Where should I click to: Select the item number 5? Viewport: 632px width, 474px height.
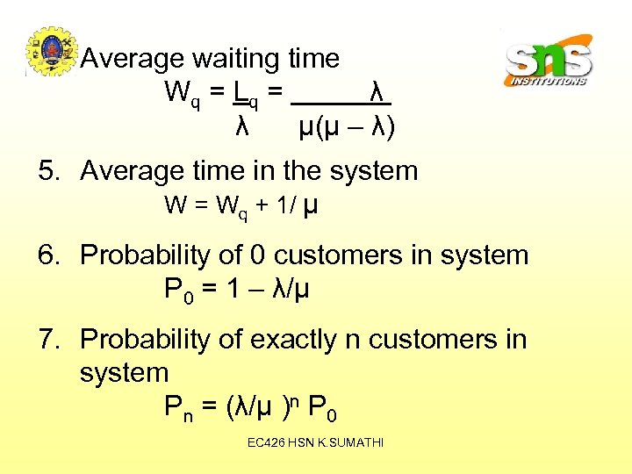coord(49,171)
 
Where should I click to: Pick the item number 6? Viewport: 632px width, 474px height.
coord(49,256)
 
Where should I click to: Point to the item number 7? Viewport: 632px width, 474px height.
coord(49,339)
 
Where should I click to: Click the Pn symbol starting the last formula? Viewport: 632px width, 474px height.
coord(179,409)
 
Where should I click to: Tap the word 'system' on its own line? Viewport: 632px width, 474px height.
coord(124,373)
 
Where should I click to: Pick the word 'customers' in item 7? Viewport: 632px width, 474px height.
coord(434,339)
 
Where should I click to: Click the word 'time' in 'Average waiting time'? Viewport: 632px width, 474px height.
coord(312,59)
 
